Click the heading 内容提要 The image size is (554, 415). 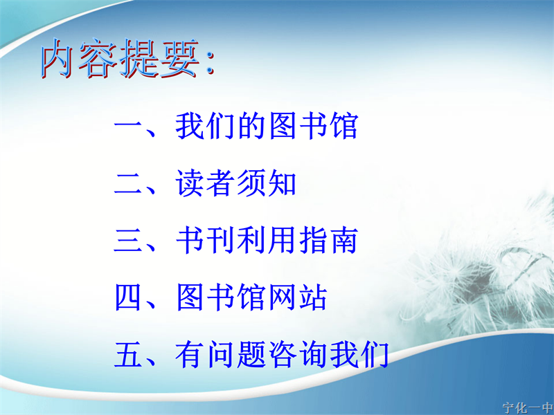120,58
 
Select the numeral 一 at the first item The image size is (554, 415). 128,126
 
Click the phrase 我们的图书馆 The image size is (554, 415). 267,125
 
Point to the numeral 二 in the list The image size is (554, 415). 128,183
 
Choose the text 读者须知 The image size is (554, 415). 236,183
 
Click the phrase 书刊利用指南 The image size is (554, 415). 267,240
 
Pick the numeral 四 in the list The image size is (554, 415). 128,297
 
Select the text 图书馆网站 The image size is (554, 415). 251,297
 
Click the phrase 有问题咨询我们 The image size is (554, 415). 283,354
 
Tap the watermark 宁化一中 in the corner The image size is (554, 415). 528,408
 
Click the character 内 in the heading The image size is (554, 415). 58,58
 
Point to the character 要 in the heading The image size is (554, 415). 180,58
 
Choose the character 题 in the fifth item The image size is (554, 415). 251,355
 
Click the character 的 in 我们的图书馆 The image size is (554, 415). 251,126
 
